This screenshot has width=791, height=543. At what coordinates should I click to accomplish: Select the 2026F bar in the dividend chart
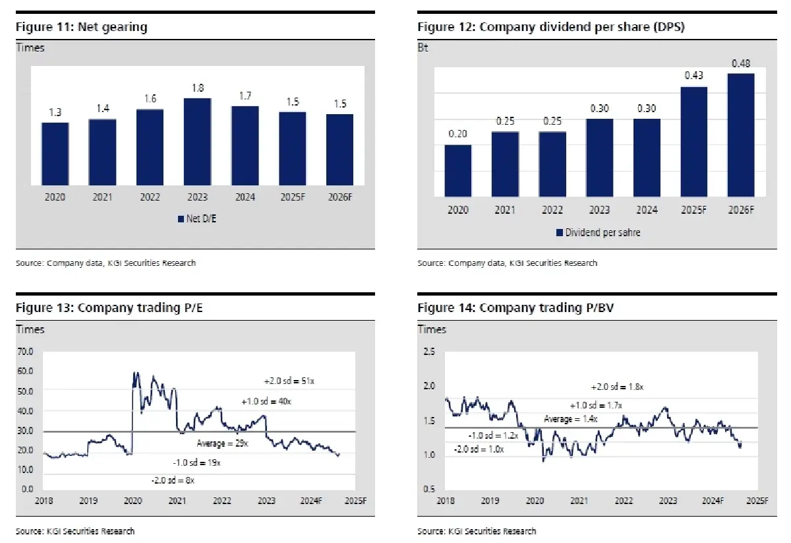coord(741,135)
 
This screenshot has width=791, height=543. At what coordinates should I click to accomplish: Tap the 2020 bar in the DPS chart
coord(457,170)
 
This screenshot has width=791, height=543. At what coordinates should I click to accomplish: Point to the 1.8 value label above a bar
coord(197,88)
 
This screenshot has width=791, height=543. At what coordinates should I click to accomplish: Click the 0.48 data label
coord(741,63)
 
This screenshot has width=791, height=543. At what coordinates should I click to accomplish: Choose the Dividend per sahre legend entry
coord(598,232)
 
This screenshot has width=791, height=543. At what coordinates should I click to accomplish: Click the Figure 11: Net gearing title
coord(82,27)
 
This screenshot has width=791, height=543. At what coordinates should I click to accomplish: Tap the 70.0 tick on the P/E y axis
coord(26,352)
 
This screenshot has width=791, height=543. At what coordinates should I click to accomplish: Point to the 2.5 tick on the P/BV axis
coord(429,352)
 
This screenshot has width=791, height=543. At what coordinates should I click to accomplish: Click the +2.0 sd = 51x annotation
coord(283,381)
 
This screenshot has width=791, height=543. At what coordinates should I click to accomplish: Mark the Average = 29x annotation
coord(222,443)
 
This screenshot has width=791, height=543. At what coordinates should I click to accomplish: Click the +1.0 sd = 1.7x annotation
coord(596,405)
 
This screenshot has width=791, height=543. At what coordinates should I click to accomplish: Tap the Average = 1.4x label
coord(570,419)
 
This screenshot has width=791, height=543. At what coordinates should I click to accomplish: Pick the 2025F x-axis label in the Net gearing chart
coord(292,197)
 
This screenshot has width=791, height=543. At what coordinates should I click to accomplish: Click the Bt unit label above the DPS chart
coord(423,48)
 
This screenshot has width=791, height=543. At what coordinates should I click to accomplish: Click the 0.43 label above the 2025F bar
coord(693,76)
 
